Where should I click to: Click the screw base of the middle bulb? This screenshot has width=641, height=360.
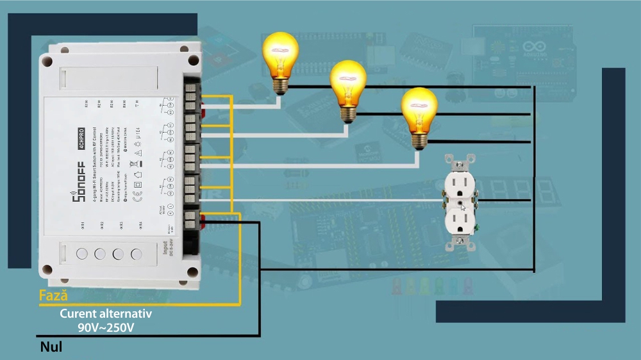348,113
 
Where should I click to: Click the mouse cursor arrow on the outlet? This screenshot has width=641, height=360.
463,206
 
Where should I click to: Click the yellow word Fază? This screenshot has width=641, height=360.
53,296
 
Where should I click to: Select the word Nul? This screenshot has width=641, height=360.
51,347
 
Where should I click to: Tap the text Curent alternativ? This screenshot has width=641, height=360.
106,314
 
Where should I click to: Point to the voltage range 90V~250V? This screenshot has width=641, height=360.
106,327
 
